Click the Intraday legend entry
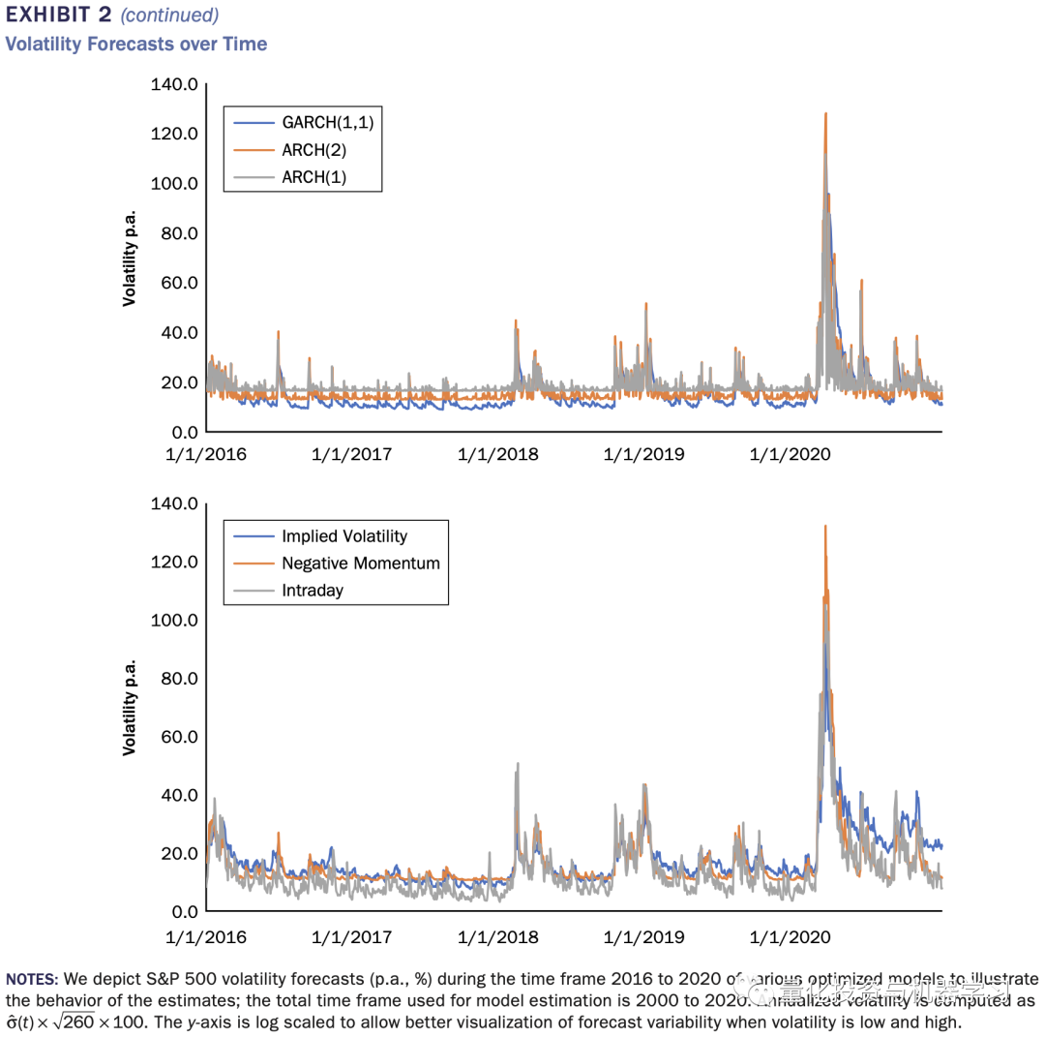tap(313, 590)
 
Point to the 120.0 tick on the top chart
tap(175, 134)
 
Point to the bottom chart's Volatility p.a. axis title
tap(129, 708)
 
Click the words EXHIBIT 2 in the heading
tap(59, 15)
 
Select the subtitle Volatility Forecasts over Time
tap(136, 44)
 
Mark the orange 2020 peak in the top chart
tap(825, 114)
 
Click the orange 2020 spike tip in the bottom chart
tap(824, 527)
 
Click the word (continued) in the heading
tap(169, 15)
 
